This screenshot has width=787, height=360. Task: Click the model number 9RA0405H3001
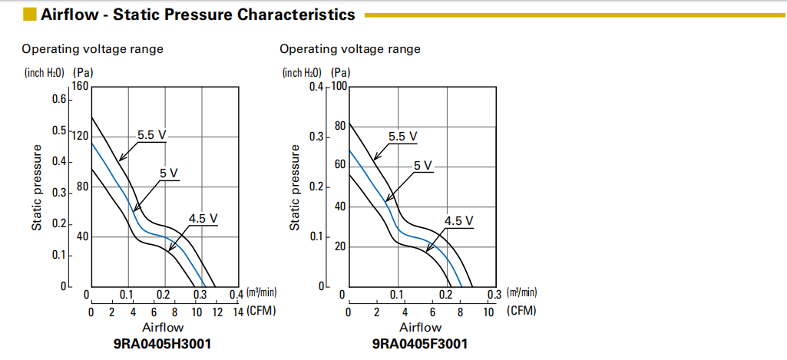162,343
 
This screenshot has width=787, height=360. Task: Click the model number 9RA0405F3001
419,343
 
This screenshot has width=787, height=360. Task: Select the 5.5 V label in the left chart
152,134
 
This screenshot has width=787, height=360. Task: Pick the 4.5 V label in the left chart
203,219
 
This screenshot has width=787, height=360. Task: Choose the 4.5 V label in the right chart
459,221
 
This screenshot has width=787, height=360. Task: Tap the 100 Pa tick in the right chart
340,86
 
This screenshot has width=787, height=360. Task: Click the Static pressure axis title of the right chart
295,190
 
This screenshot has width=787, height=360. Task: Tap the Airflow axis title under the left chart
162,328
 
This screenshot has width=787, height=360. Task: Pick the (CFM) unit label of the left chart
261,311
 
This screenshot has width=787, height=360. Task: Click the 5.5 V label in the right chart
403,137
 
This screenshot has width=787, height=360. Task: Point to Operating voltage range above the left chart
92,49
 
